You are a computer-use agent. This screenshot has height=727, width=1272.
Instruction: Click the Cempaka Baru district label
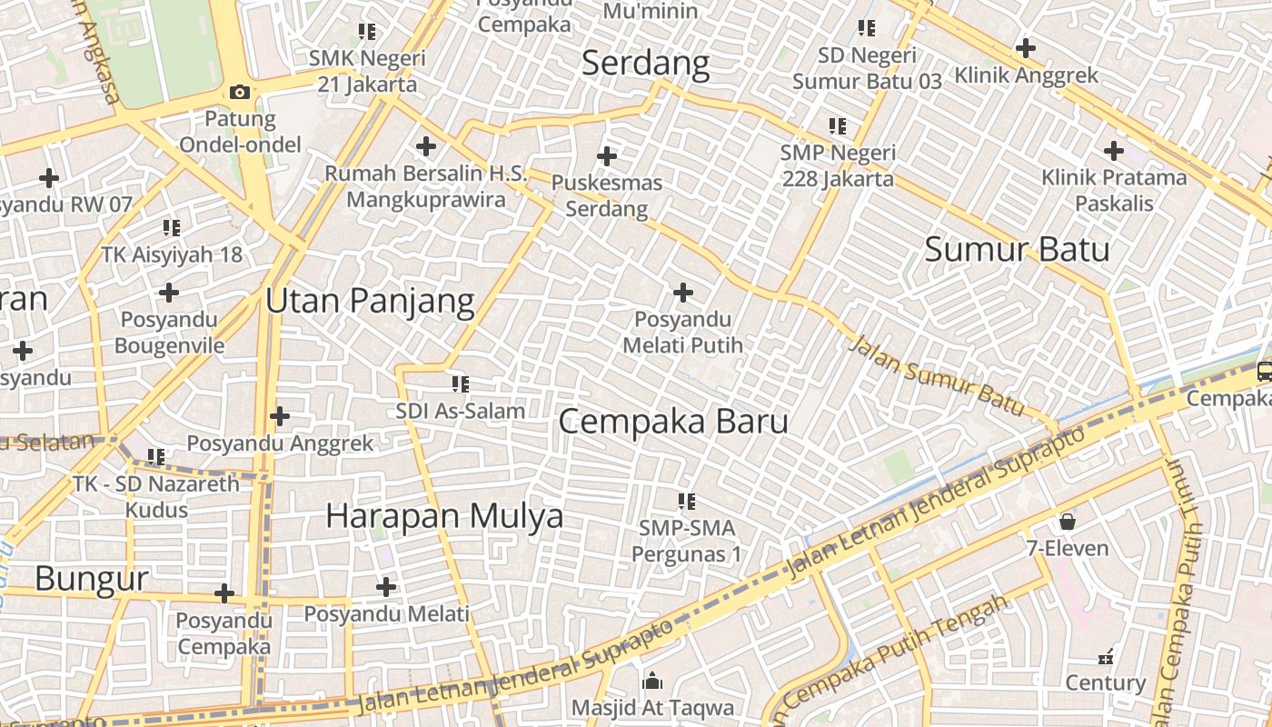click(x=672, y=422)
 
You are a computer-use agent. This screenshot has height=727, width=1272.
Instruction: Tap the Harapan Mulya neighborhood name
click(x=444, y=516)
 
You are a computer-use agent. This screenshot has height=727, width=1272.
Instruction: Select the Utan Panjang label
click(x=370, y=301)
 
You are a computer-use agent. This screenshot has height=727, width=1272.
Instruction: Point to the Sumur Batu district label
click(x=1017, y=249)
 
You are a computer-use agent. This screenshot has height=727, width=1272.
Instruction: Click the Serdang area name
click(x=645, y=64)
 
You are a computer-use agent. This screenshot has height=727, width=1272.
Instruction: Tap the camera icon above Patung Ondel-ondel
click(x=240, y=92)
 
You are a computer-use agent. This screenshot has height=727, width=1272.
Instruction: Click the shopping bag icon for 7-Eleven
click(x=1068, y=522)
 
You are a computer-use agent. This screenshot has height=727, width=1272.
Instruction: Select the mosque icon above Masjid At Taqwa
click(x=651, y=681)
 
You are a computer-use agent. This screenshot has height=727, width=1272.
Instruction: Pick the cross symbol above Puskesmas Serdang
click(x=607, y=155)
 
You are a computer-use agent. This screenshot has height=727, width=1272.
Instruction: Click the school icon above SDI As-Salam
click(x=460, y=384)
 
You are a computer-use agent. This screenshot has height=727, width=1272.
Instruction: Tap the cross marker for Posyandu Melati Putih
click(x=683, y=293)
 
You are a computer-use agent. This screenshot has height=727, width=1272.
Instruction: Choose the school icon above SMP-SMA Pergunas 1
click(x=687, y=501)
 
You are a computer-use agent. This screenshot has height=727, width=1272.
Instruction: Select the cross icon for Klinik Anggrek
click(x=1026, y=47)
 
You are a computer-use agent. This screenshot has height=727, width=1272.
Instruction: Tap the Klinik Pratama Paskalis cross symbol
click(x=1114, y=151)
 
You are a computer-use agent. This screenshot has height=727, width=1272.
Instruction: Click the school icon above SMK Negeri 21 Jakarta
click(x=367, y=32)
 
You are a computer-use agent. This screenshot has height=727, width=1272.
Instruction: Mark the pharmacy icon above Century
click(x=1106, y=656)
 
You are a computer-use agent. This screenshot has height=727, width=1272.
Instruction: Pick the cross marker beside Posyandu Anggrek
click(x=280, y=416)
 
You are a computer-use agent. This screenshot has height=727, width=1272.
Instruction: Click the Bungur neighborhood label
click(x=92, y=578)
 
